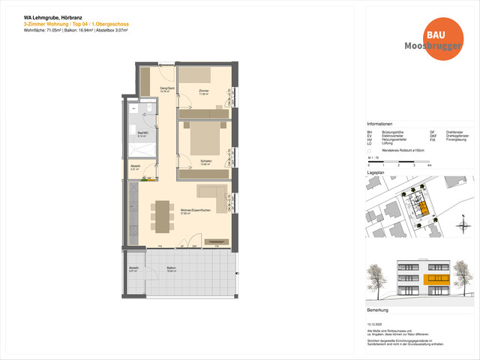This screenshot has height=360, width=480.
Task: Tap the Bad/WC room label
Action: (x=143, y=135)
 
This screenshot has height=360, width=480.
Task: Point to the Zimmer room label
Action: (x=203, y=91)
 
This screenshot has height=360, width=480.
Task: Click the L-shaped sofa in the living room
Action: (x=214, y=196)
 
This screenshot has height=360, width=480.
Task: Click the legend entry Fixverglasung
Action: (x=457, y=139)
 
